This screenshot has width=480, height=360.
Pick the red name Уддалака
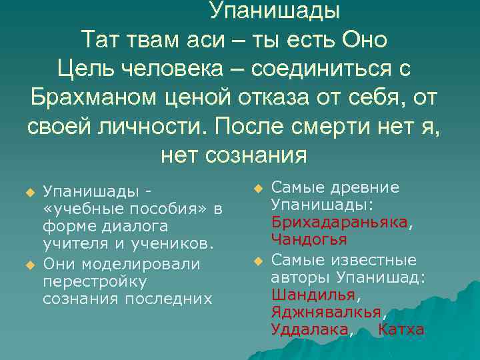(x=309, y=329)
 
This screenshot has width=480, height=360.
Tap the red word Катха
(x=401, y=329)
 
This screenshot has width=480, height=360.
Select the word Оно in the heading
(x=364, y=39)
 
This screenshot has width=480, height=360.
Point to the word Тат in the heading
(x=100, y=39)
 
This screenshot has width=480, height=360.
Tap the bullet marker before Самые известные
(x=257, y=260)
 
